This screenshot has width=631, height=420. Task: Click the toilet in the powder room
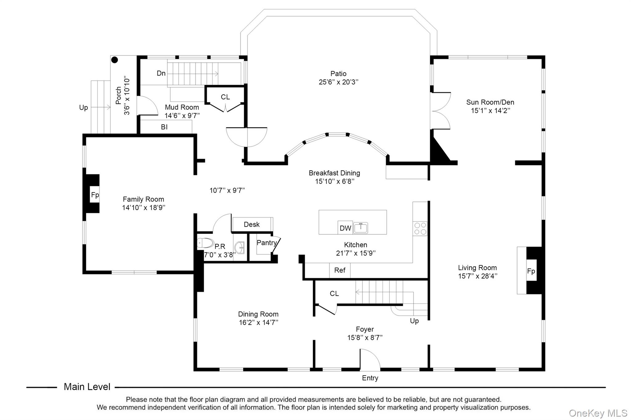point(206,243)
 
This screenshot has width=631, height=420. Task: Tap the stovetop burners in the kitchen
point(420,229)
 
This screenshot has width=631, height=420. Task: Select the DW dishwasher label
point(345,228)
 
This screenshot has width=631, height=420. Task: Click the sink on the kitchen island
point(360,228)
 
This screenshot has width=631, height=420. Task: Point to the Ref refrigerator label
point(340,270)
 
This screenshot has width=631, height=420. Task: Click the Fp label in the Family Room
point(95,195)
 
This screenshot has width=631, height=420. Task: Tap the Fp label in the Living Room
point(531,271)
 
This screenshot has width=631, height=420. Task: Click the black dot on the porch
point(115,60)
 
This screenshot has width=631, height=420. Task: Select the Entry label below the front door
point(370,378)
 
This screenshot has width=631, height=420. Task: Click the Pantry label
point(267,243)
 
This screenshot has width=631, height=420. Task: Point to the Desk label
point(252,225)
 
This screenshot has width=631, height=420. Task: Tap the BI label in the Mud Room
point(164,127)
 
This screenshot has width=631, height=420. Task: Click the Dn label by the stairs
point(161,73)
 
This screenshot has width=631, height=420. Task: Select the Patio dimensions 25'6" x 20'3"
point(339,82)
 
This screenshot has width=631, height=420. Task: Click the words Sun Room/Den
point(490,102)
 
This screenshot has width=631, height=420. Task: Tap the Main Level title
point(87,387)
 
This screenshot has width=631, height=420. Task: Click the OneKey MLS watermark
point(598,413)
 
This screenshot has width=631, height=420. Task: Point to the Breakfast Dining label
point(334,173)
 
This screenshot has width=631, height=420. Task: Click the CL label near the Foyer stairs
point(334,294)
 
